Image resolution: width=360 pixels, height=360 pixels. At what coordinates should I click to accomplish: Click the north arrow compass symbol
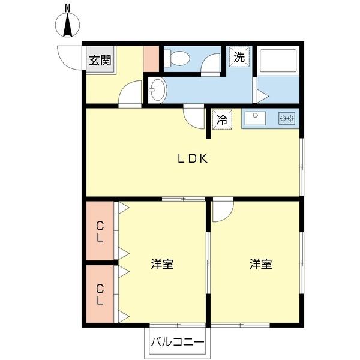click(68, 25)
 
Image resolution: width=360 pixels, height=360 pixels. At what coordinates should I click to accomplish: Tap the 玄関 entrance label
click(100, 61)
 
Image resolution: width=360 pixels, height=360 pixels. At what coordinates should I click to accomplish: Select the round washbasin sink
click(157, 91)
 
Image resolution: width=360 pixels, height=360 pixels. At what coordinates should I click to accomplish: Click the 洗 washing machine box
click(239, 58)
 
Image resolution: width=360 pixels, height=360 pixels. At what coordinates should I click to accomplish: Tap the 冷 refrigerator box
click(223, 119)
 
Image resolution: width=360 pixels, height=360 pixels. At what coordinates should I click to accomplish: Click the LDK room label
click(191, 158)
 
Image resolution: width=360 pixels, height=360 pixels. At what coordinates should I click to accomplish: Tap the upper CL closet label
click(100, 232)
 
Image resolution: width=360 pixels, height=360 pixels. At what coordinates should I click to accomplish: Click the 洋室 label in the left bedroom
click(162, 263)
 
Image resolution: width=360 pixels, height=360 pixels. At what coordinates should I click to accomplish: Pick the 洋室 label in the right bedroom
click(261, 263)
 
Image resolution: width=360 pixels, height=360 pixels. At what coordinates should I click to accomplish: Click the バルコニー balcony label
click(177, 343)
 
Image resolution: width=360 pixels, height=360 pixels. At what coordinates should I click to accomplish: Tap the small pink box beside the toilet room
click(151, 58)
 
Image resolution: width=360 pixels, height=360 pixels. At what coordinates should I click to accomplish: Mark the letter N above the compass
click(68, 8)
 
